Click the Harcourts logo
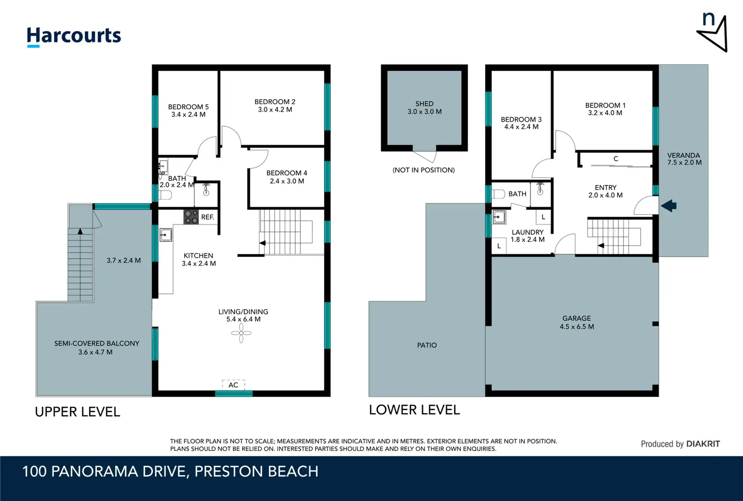pyautogui.click(x=74, y=36)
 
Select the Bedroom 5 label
pyautogui.click(x=188, y=107)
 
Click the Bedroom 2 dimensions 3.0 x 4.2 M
pyautogui.click(x=275, y=110)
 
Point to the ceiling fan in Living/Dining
pyautogui.click(x=241, y=333)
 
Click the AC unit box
pyautogui.click(x=234, y=385)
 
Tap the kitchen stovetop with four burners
pyautogui.click(x=191, y=217)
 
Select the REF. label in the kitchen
pyautogui.click(x=207, y=217)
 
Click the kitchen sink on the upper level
pyautogui.click(x=166, y=235)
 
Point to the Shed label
pyautogui.click(x=424, y=104)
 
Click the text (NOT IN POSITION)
pyautogui.click(x=423, y=170)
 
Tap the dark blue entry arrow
pyautogui.click(x=668, y=206)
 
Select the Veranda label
pyautogui.click(x=683, y=155)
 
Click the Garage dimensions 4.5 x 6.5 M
pyautogui.click(x=577, y=327)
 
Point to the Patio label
pyautogui.click(x=427, y=345)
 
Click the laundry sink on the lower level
pyautogui.click(x=499, y=217)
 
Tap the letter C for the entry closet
pyautogui.click(x=616, y=159)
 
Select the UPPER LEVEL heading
pyautogui.click(x=78, y=412)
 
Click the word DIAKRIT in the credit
pyautogui.click(x=703, y=444)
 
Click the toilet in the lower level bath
pyautogui.click(x=498, y=194)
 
